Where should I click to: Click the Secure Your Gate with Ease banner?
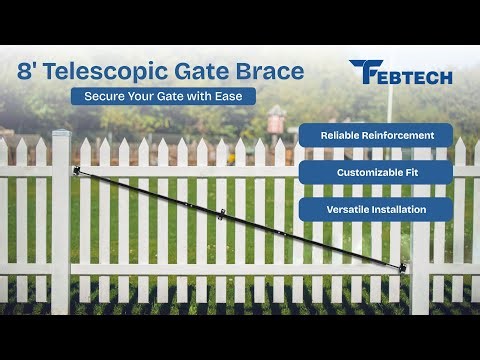click(x=162, y=97)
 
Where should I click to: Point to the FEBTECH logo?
click(x=400, y=73)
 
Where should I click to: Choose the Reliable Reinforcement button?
click(x=375, y=134)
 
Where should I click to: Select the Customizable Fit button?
click(x=375, y=172)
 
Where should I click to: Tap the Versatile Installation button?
click(x=375, y=209)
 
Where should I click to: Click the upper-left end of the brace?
click(x=77, y=171)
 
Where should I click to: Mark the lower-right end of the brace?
click(x=404, y=267)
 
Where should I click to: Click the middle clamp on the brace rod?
click(x=223, y=212)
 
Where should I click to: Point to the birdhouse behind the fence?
click(x=276, y=121)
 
